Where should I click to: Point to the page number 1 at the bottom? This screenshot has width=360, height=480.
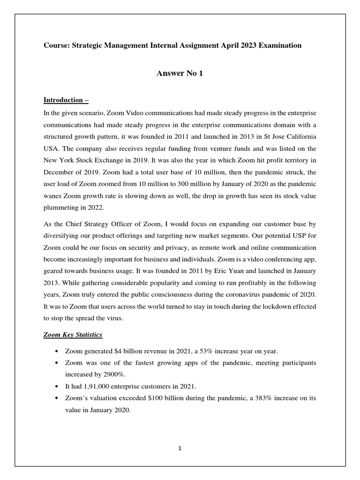180,448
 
